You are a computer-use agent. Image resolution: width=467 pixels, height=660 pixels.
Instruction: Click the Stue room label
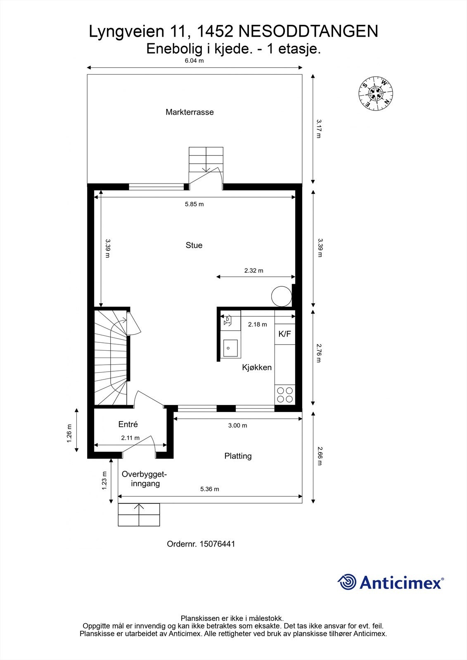(194, 245)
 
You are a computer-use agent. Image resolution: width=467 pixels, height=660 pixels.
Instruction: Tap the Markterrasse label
(190, 112)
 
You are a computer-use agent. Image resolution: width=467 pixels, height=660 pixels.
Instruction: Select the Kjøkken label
(257, 368)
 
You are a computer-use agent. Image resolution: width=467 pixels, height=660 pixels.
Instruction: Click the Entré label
(128, 424)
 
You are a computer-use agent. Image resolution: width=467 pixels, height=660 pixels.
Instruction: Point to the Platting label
(238, 456)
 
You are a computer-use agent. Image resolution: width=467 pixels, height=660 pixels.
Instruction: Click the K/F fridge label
(284, 334)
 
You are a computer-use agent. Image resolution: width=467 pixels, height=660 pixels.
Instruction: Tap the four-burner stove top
(285, 395)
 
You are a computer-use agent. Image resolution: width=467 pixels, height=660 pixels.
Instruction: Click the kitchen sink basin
(230, 348)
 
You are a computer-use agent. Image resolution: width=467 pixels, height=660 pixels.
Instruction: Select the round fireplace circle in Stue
(282, 297)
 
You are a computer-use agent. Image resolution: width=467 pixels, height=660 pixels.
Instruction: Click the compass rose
(376, 93)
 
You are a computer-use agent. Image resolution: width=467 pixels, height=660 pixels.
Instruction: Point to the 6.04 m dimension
(194, 61)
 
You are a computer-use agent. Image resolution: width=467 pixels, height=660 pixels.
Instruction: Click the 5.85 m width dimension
(194, 204)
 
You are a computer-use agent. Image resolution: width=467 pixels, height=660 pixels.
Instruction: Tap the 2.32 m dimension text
(254, 271)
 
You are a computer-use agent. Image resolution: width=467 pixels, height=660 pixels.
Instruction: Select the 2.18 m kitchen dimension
(258, 324)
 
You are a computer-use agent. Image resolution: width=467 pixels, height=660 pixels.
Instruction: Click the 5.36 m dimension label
(210, 489)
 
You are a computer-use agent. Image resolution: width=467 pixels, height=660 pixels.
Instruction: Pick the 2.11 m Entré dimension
(130, 438)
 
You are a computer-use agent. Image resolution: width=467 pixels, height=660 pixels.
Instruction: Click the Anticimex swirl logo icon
(347, 582)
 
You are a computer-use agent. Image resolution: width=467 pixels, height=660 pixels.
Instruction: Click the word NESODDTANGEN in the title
(308, 31)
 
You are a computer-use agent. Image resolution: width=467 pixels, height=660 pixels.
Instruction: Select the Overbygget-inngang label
(144, 479)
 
